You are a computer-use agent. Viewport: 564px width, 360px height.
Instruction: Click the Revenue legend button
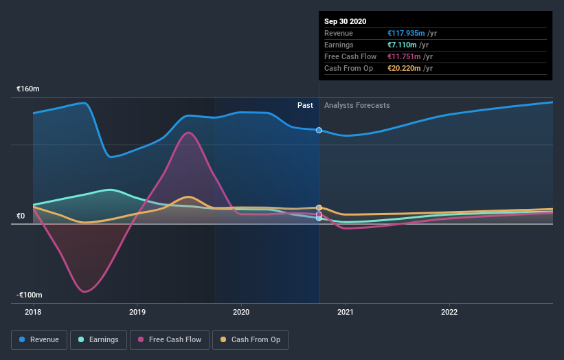pyautogui.click(x=39, y=339)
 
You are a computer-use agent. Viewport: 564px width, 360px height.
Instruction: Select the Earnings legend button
pyautogui.click(x=99, y=339)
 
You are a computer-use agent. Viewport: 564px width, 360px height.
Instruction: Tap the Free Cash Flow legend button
pyautogui.click(x=170, y=339)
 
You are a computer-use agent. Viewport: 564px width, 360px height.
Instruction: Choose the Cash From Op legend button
pyautogui.click(x=250, y=339)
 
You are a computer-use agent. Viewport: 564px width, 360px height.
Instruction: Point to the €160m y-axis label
pyautogui.click(x=29, y=89)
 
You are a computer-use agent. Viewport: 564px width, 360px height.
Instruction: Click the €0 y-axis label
pyautogui.click(x=21, y=216)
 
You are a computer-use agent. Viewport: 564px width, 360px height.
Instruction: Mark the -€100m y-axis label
pyautogui.click(x=30, y=295)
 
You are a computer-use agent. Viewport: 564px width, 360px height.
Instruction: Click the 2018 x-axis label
pyautogui.click(x=33, y=312)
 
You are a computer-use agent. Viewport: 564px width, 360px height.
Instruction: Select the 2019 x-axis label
pyautogui.click(x=137, y=312)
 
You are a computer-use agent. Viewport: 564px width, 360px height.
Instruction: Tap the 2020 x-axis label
pyautogui.click(x=241, y=312)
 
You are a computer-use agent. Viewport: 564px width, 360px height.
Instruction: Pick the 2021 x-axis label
pyautogui.click(x=345, y=312)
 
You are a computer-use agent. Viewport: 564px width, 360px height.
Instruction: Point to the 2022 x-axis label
pyautogui.click(x=449, y=312)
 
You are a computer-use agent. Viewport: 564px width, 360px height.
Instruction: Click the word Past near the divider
pyautogui.click(x=305, y=105)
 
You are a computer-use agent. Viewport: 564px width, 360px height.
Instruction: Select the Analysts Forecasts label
pyautogui.click(x=357, y=105)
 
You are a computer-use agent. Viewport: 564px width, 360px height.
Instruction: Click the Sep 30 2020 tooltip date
pyautogui.click(x=346, y=21)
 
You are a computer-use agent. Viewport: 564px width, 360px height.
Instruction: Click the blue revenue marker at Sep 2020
pyautogui.click(x=319, y=130)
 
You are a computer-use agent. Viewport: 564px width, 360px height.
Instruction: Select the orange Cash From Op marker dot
pyautogui.click(x=319, y=207)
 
